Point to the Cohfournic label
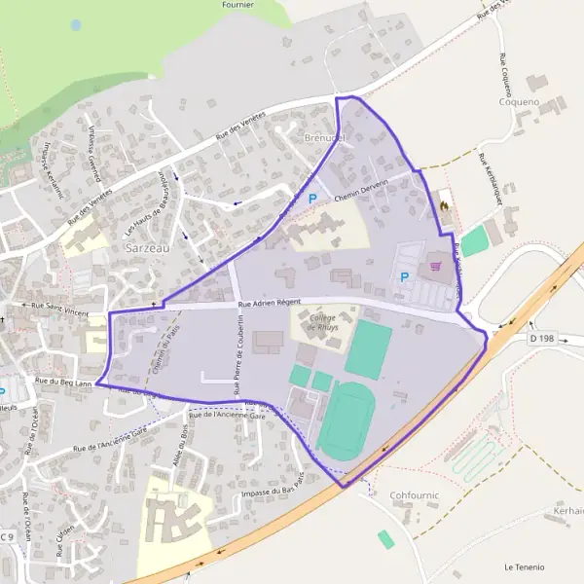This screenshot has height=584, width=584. (x=415, y=495)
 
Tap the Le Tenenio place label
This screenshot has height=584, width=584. (x=525, y=566)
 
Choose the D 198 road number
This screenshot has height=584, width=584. (x=542, y=338)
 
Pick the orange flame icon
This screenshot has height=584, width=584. (x=444, y=206)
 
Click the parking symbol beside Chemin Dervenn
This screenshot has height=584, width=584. (x=313, y=199)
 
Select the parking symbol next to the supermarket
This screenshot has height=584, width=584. (x=405, y=277)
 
